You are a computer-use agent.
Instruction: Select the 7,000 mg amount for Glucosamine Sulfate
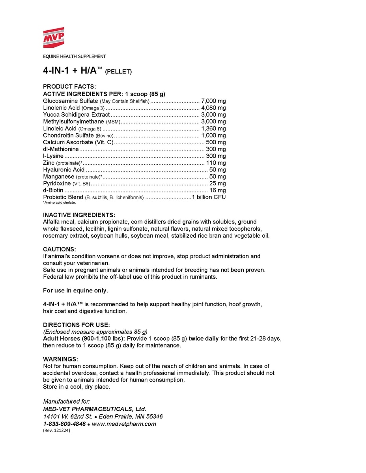[x=213, y=101]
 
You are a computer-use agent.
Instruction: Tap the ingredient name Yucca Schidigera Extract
[x=76, y=115]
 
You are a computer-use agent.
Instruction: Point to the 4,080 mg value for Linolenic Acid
[x=213, y=108]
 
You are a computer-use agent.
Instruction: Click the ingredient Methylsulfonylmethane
[x=73, y=121]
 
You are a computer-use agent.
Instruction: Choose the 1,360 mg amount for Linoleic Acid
[x=213, y=128]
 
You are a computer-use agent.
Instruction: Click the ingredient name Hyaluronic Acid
[x=63, y=169]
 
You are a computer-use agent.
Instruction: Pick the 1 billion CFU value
[x=209, y=197]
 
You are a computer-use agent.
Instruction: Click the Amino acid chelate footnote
[x=59, y=203]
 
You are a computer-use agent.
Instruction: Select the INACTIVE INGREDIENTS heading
[x=79, y=215]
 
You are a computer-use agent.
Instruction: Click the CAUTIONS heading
[x=59, y=249]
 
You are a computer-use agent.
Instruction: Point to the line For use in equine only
[x=75, y=291]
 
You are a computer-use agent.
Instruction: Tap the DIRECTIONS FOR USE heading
[x=76, y=325]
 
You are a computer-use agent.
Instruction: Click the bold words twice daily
[x=204, y=339]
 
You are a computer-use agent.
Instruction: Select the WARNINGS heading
[x=60, y=359]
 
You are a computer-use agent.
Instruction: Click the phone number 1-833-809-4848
[x=64, y=424]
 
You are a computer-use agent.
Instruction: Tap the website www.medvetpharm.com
[x=124, y=424]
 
